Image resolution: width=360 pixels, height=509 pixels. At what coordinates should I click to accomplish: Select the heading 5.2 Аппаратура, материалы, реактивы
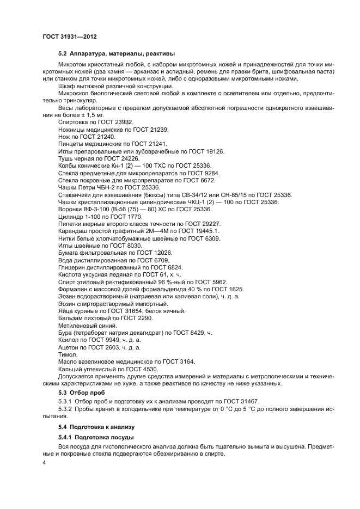116,53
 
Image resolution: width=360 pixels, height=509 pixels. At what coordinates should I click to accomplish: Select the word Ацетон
68,347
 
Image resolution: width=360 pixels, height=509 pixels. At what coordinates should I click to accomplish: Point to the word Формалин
72,289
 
